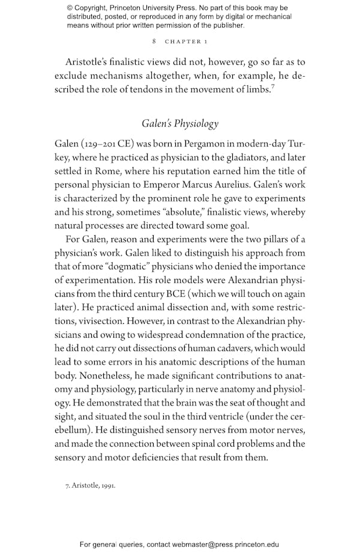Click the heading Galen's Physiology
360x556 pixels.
(x=180, y=124)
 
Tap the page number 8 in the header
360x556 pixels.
(x=155, y=41)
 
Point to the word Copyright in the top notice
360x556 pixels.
(x=98, y=8)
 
